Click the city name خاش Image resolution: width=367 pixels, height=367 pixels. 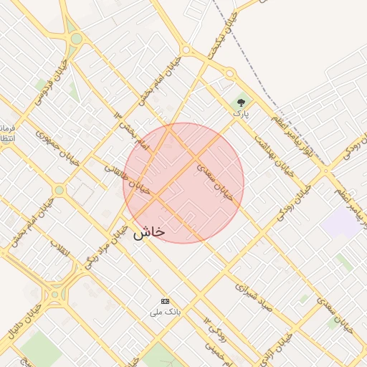click(x=149, y=232)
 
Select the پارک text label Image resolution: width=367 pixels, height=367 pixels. click(x=239, y=113)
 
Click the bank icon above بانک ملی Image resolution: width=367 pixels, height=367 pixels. click(x=166, y=301)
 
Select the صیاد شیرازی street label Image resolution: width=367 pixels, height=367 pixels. click(x=254, y=295)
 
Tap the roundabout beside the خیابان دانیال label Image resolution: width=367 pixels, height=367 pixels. click(x=56, y=294)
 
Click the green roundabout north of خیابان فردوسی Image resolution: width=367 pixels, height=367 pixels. click(x=75, y=38)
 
